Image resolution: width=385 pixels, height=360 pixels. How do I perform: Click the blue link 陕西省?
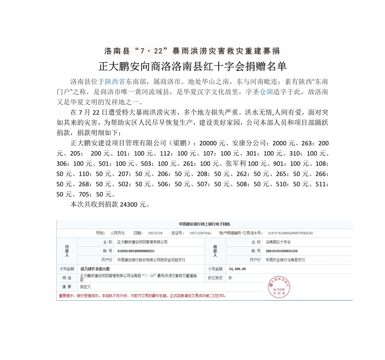115,81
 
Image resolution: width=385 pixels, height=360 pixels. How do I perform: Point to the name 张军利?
234,164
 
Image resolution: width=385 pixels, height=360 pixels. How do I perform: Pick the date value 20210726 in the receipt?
155,233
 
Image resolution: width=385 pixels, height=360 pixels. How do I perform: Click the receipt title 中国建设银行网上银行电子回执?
204,224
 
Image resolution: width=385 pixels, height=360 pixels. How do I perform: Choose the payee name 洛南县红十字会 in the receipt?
278,242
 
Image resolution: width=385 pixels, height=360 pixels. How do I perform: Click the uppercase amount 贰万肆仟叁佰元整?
95,269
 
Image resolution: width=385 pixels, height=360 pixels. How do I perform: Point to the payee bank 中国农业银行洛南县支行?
285,260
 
